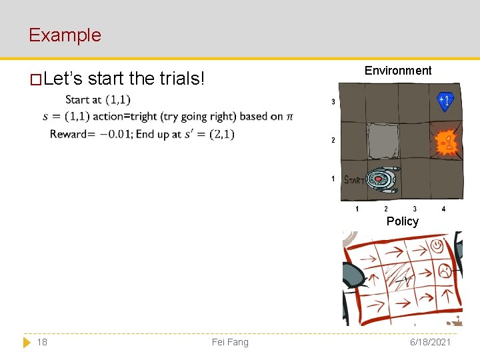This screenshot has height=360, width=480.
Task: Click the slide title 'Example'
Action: coord(65,35)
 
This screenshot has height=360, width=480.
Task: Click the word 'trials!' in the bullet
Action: coord(182,79)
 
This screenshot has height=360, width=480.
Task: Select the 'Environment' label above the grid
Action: coord(398,71)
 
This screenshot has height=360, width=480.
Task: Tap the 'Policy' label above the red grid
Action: coord(402,221)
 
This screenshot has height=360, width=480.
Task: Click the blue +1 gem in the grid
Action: coord(445,100)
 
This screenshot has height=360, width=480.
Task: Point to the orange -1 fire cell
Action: coord(446,143)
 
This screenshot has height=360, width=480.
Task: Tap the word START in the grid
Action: coord(353,179)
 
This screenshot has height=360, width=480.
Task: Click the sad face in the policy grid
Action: coord(443,271)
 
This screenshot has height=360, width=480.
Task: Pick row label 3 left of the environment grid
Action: coord(333,102)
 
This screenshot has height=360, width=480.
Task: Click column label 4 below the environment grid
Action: coord(443,209)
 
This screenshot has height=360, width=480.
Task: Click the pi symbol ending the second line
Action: coord(289,117)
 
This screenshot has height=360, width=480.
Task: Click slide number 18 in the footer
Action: coord(42,342)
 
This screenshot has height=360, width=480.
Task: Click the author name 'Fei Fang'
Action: coord(230,342)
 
